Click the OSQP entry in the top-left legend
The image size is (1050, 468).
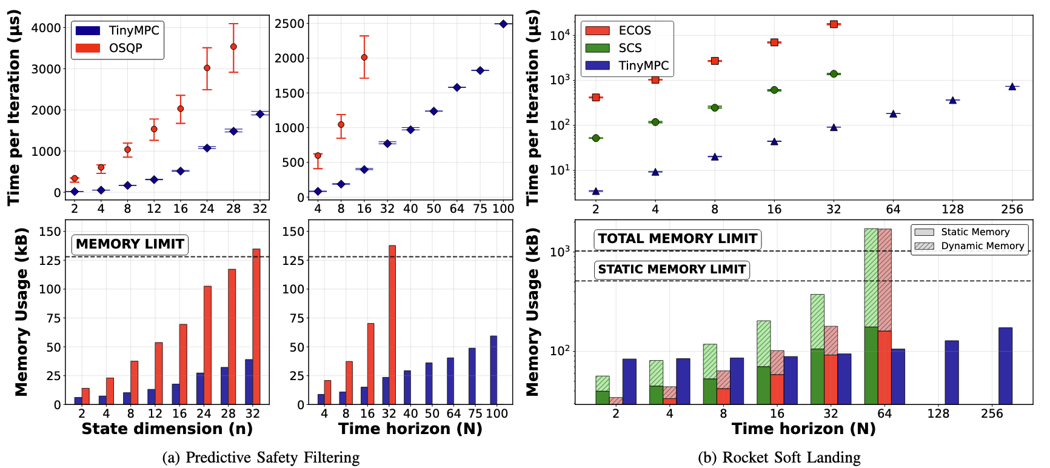click(125, 48)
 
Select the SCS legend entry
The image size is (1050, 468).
click(630, 48)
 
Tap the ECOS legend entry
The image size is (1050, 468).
click(634, 30)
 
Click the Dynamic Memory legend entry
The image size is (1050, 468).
click(982, 246)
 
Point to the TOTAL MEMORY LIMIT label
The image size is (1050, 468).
click(677, 239)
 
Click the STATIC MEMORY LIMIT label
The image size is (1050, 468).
click(672, 270)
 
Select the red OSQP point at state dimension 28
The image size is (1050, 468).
click(233, 47)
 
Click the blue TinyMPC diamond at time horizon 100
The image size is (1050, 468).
click(503, 24)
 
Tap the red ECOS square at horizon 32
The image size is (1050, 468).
click(834, 24)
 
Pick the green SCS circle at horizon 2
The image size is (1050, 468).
click(595, 138)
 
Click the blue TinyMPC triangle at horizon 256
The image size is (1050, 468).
click(1012, 87)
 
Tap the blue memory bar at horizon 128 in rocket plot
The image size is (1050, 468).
click(952, 372)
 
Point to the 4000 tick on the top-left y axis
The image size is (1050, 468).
click(46, 28)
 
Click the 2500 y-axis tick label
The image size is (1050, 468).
click(289, 24)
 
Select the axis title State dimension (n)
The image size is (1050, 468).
click(167, 429)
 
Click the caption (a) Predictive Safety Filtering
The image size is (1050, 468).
click(261, 457)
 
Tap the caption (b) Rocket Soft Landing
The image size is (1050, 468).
click(779, 457)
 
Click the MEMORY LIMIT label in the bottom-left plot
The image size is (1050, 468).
click(130, 244)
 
